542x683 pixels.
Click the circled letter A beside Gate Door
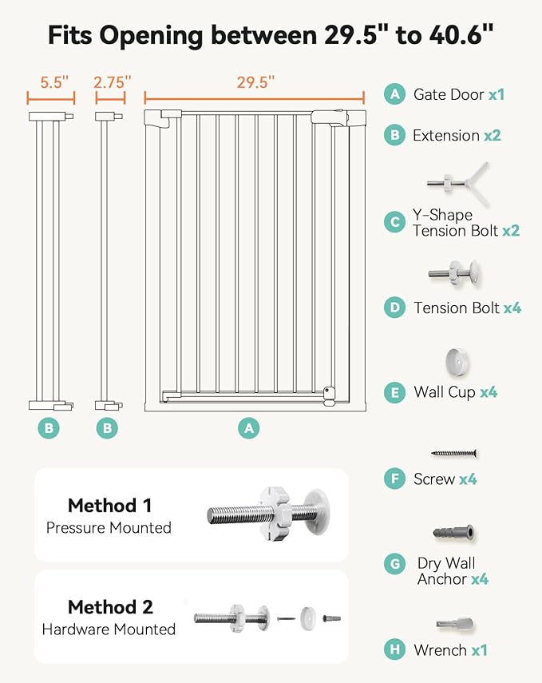point(394,94)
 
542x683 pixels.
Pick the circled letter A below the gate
point(250,428)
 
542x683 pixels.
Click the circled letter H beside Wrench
point(394,649)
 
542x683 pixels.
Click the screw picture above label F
point(454,453)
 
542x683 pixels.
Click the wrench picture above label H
point(454,623)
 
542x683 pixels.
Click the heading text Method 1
point(109,505)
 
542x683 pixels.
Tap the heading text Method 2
point(109,607)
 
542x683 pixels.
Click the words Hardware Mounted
point(109,629)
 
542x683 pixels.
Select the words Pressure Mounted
point(109,527)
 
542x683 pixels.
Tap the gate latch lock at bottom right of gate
point(328,393)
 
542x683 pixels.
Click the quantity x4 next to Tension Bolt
point(512,308)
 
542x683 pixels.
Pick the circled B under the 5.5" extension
point(49,428)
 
